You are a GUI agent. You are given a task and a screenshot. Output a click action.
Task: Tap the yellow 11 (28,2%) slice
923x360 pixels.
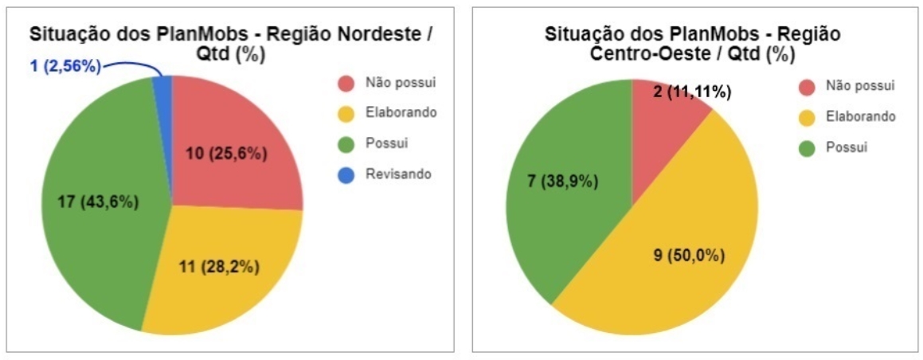pyautogui.click(x=223, y=271)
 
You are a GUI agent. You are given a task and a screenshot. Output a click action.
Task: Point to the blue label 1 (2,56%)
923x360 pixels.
pyautogui.click(x=66, y=66)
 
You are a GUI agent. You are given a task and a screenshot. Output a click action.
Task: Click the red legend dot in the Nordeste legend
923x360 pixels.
pyautogui.click(x=346, y=83)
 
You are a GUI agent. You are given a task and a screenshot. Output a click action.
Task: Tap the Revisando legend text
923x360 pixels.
pyautogui.click(x=398, y=174)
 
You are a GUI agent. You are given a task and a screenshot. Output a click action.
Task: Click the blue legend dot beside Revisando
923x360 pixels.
pyautogui.click(x=346, y=174)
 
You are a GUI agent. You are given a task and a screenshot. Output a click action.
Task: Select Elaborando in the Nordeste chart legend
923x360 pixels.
pyautogui.click(x=401, y=113)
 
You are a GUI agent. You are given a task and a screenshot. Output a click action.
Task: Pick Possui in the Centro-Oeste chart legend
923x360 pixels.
pyautogui.click(x=846, y=147)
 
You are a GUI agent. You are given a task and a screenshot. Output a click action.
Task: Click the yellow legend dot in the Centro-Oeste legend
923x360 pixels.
pyautogui.click(x=807, y=117)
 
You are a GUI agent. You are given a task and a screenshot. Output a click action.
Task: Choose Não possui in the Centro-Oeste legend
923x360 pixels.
pyautogui.click(x=860, y=86)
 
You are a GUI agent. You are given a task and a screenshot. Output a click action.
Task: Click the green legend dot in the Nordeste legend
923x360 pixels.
pyautogui.click(x=346, y=144)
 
